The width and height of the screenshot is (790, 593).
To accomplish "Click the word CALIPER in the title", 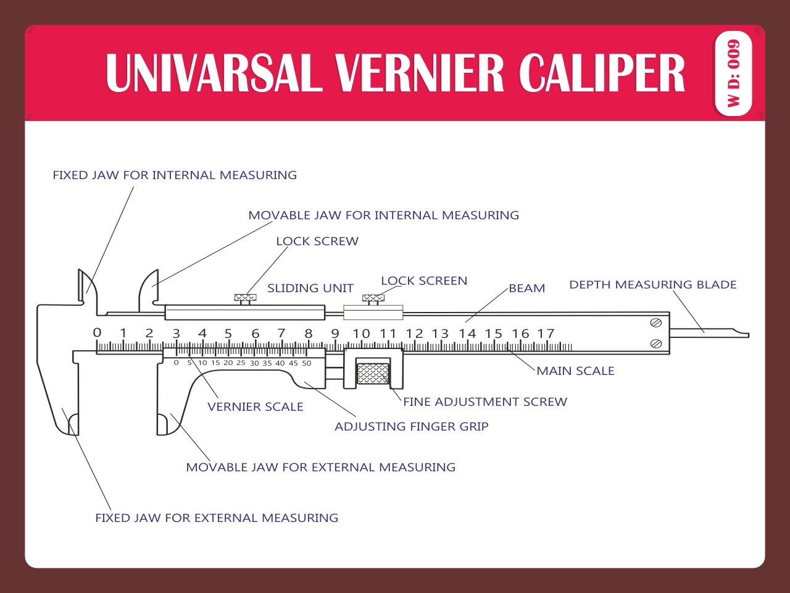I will point(602,73).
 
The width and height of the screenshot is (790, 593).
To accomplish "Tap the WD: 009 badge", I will point(733,74).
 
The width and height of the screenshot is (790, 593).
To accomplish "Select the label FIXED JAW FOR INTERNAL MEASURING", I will point(175,175).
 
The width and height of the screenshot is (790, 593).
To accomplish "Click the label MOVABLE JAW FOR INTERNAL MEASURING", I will point(383,216).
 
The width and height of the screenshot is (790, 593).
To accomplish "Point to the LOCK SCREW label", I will point(317,242).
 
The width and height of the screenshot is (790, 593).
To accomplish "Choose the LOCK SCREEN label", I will point(424,281).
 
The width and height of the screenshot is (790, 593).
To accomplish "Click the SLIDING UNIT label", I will point(310,288).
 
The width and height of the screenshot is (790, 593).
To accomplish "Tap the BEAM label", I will point(526,288).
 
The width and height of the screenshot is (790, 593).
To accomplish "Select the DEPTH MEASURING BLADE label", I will point(653,285).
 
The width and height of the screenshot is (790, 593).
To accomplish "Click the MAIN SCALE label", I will point(575,371).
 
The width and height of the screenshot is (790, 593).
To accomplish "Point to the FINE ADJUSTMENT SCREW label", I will point(485,402).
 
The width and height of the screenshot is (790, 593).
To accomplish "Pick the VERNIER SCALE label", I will point(256,407).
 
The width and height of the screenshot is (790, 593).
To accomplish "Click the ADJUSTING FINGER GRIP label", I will point(412,427).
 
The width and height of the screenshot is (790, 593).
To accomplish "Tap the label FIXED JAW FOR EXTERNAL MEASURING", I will point(217,518).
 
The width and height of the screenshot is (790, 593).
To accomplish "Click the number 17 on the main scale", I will point(546,334).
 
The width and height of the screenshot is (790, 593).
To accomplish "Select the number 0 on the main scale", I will point(97,333).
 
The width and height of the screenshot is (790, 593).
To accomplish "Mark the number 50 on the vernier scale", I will point(307,363).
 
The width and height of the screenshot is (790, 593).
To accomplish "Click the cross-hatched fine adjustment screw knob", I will point(373,374).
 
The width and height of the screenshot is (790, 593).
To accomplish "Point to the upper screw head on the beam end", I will point(656,323).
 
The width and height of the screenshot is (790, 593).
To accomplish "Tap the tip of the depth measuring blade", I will point(747,335).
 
